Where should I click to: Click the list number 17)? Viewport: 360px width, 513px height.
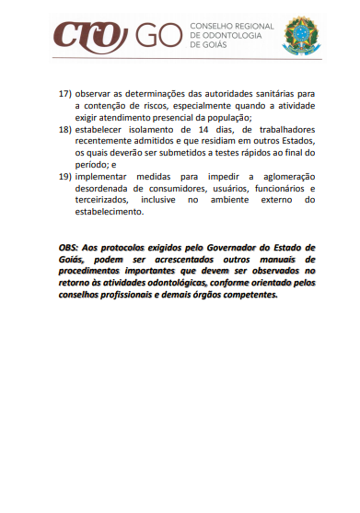[64, 94]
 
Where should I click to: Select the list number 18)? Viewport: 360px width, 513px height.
[64, 130]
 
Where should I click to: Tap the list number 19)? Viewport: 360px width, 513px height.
[64, 176]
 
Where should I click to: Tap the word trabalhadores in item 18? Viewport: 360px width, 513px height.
[275, 130]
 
